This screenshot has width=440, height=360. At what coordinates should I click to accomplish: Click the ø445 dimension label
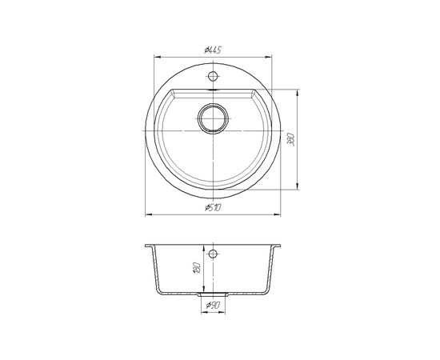pos(213,50)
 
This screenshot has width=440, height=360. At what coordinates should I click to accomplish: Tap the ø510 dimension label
pos(214,208)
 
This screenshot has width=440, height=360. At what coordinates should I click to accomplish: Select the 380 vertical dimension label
pos(291,139)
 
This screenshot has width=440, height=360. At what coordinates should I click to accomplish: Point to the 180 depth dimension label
pos(197,268)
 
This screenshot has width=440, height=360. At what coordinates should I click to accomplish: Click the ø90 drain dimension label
pos(213,305)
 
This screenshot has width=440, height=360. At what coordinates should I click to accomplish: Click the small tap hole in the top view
pos(213,75)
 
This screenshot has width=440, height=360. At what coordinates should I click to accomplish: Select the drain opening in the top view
pos(213,118)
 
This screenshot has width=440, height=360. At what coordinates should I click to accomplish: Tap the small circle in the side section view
pos(213,254)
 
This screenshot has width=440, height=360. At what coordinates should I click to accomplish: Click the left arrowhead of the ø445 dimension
pos(157,57)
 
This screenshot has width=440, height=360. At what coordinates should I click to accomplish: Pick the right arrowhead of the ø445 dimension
pos(269,57)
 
